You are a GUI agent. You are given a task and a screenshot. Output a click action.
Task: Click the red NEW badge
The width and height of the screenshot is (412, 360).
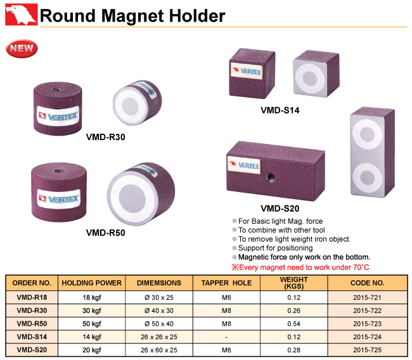click(22, 49)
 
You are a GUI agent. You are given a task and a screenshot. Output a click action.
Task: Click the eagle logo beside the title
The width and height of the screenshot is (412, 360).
click(22, 15)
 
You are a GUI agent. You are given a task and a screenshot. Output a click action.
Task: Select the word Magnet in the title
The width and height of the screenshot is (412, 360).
click(132, 16)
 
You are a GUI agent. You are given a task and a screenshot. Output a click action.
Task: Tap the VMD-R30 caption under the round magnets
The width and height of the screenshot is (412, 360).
click(106, 137)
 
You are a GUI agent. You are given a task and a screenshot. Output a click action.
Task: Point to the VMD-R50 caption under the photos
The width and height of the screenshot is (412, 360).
click(106, 233)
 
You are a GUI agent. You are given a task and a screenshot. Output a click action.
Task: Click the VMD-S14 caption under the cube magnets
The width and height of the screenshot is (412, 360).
click(280, 110)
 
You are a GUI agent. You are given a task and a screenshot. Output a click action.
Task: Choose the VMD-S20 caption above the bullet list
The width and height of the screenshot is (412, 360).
click(280, 209)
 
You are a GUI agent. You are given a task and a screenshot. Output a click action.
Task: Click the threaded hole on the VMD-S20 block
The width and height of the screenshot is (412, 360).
click(269, 177)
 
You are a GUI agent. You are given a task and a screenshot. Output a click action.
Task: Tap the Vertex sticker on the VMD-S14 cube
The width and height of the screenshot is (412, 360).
click(247, 70)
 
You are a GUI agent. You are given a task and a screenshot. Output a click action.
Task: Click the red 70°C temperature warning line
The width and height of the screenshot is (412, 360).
click(300, 267)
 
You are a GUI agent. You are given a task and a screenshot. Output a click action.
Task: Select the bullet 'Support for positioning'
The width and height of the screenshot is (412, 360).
click(275, 248)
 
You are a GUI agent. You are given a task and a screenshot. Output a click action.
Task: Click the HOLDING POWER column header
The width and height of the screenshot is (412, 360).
click(92, 283)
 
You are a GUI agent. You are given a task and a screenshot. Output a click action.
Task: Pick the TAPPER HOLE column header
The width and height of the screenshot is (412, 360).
click(226, 283)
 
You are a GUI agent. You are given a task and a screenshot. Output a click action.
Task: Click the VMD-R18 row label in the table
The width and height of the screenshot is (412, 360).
click(32, 297)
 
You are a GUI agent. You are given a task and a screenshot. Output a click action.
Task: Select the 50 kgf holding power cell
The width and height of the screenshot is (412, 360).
click(92, 324)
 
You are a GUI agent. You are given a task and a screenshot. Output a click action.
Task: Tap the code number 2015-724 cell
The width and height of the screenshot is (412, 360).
click(368, 337)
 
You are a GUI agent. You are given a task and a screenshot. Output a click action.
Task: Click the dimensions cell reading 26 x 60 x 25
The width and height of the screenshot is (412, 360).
click(159, 350)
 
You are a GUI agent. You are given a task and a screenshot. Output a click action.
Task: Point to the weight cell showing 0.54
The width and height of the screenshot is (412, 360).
click(293, 324)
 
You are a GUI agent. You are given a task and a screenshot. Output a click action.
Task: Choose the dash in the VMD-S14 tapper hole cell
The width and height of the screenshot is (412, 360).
click(226, 337)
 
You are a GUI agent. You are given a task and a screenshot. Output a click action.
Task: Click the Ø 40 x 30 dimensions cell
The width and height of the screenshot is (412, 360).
click(159, 311)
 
